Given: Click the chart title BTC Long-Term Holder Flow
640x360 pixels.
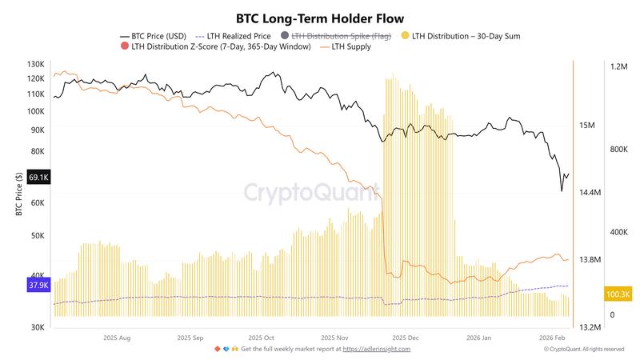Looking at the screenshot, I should pyautogui.click(x=320, y=18).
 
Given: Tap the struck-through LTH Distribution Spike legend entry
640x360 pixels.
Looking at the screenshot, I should pyautogui.click(x=339, y=36).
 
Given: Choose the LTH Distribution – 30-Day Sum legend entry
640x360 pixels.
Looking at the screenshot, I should pyautogui.click(x=465, y=36).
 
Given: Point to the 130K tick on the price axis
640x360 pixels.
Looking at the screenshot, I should pyautogui.click(x=35, y=64).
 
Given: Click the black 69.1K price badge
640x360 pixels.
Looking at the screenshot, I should pyautogui.click(x=38, y=178).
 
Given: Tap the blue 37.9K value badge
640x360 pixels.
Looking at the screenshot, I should pyautogui.click(x=38, y=284).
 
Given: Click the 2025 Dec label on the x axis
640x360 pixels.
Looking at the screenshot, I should pyautogui.click(x=406, y=338).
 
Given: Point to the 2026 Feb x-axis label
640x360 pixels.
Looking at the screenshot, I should pyautogui.click(x=551, y=338).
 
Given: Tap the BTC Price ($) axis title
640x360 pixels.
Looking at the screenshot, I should pyautogui.click(x=18, y=194).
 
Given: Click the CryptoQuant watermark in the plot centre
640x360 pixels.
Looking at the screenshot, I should pyautogui.click(x=312, y=193).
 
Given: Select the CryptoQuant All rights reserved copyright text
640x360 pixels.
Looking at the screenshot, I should pyautogui.click(x=584, y=349).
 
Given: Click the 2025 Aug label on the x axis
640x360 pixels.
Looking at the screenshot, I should pyautogui.click(x=117, y=338).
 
